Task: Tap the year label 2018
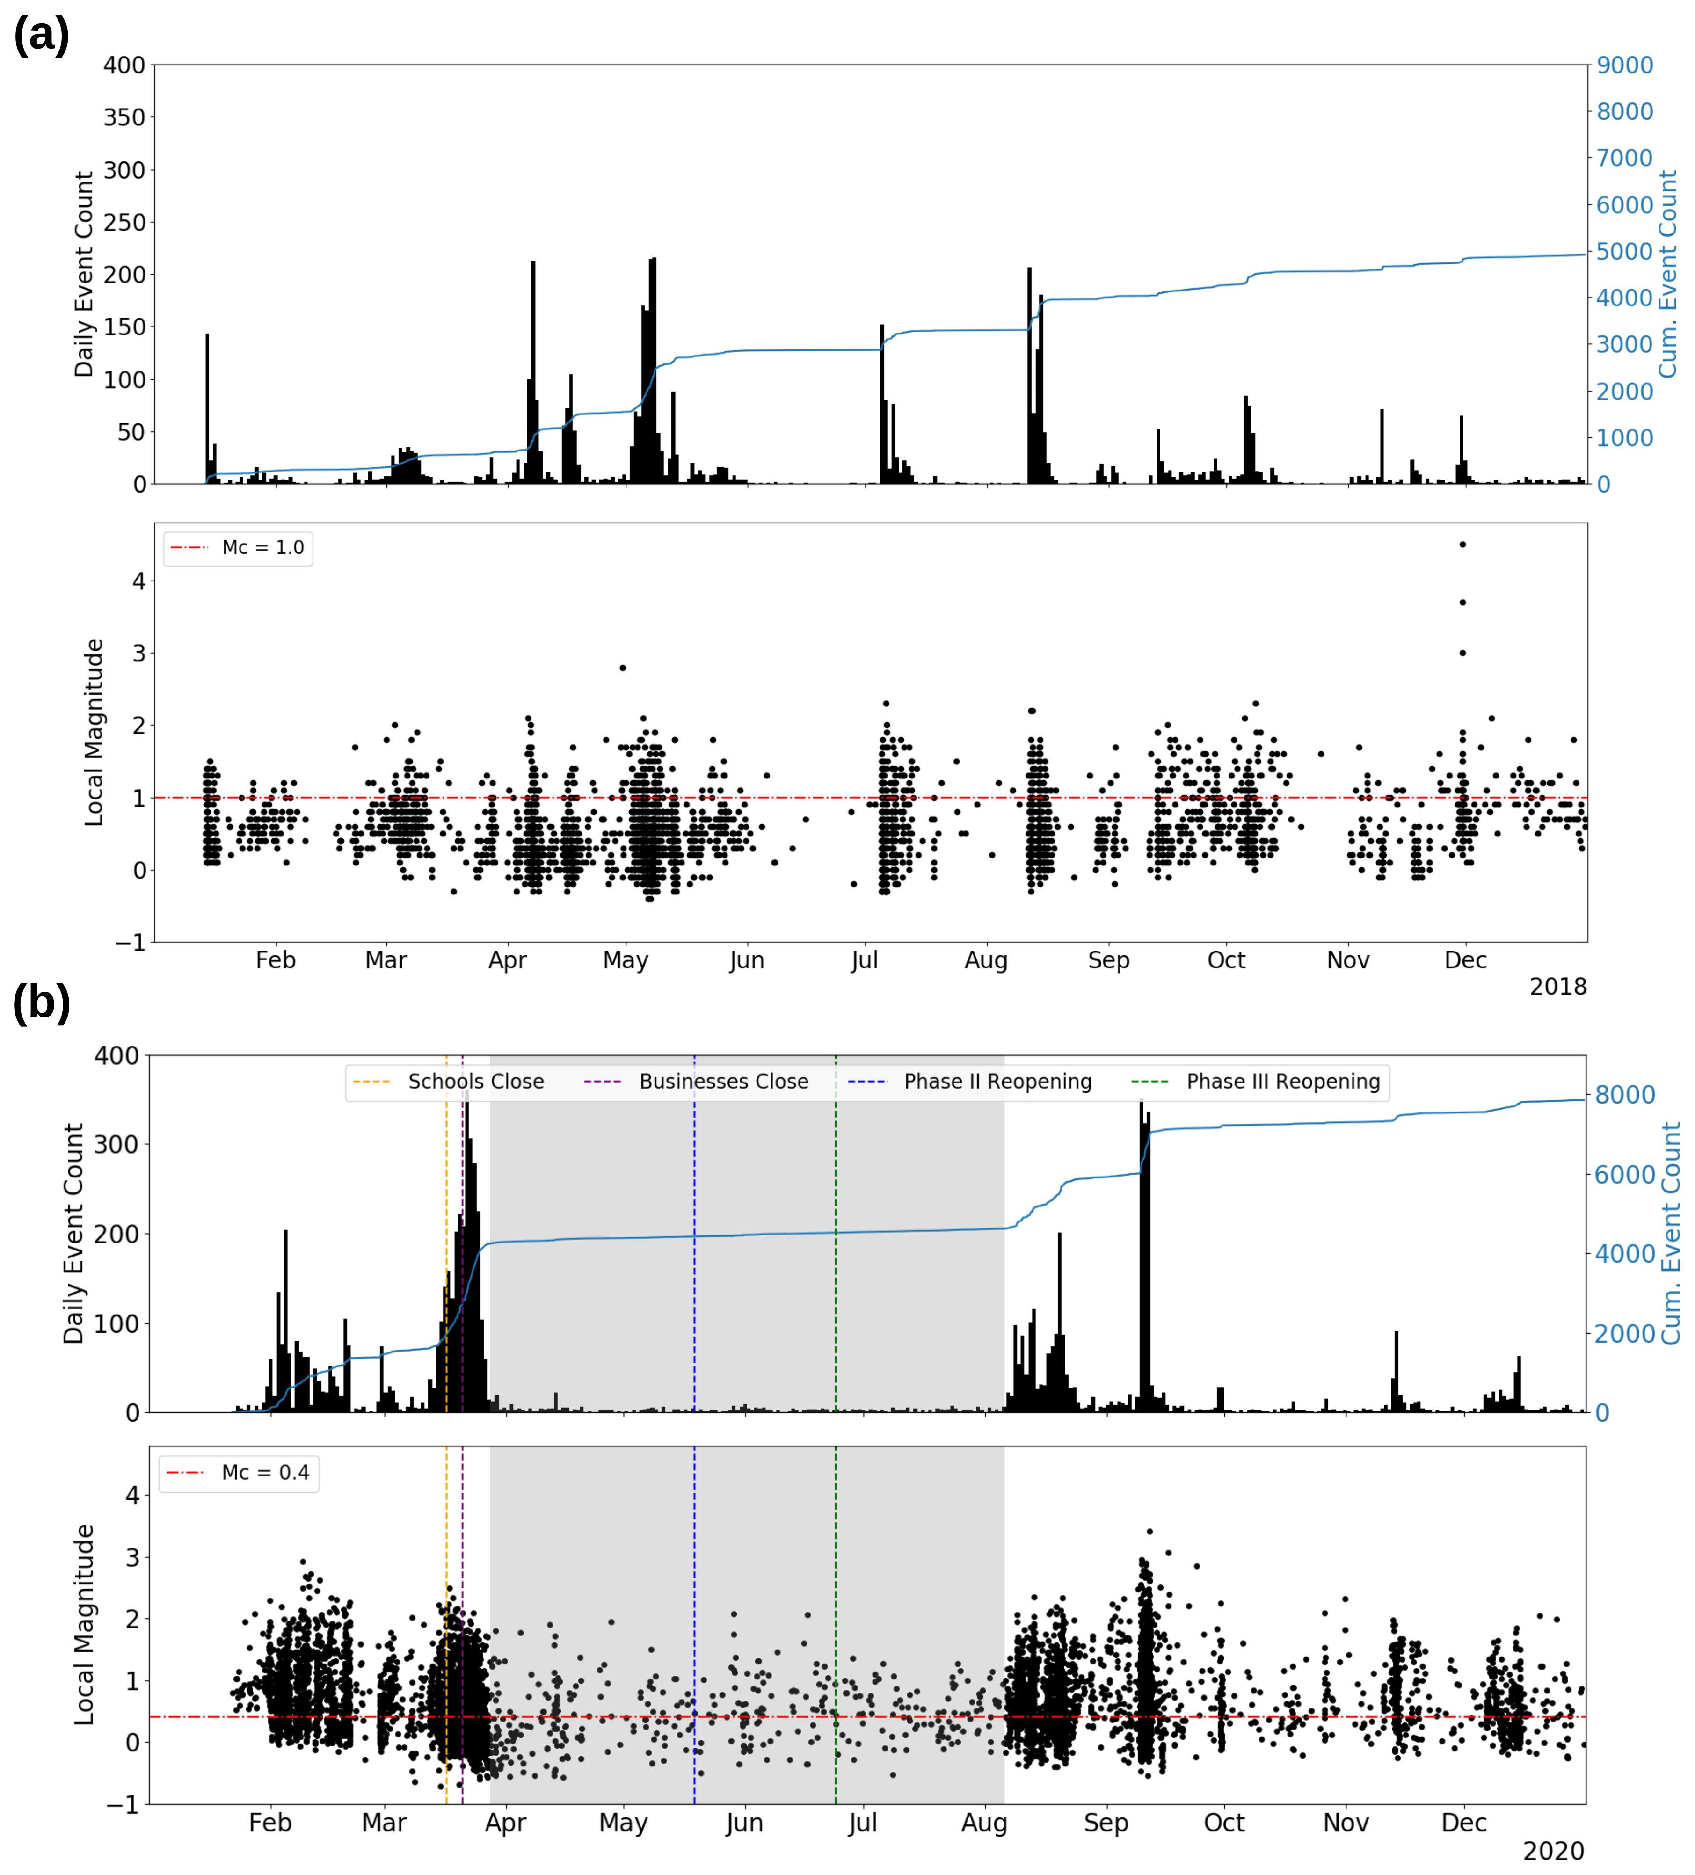pyautogui.click(x=1557, y=987)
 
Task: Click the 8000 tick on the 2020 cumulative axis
pyautogui.click(x=1624, y=1096)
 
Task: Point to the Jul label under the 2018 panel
pyautogui.click(x=864, y=961)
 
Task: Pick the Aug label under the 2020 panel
pyautogui.click(x=984, y=1823)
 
